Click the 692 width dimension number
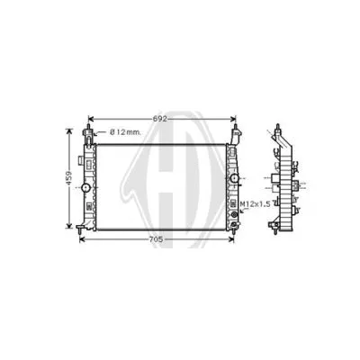[x=158, y=119]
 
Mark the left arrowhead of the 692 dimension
[x=91, y=120]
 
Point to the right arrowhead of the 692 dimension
[x=231, y=120]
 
